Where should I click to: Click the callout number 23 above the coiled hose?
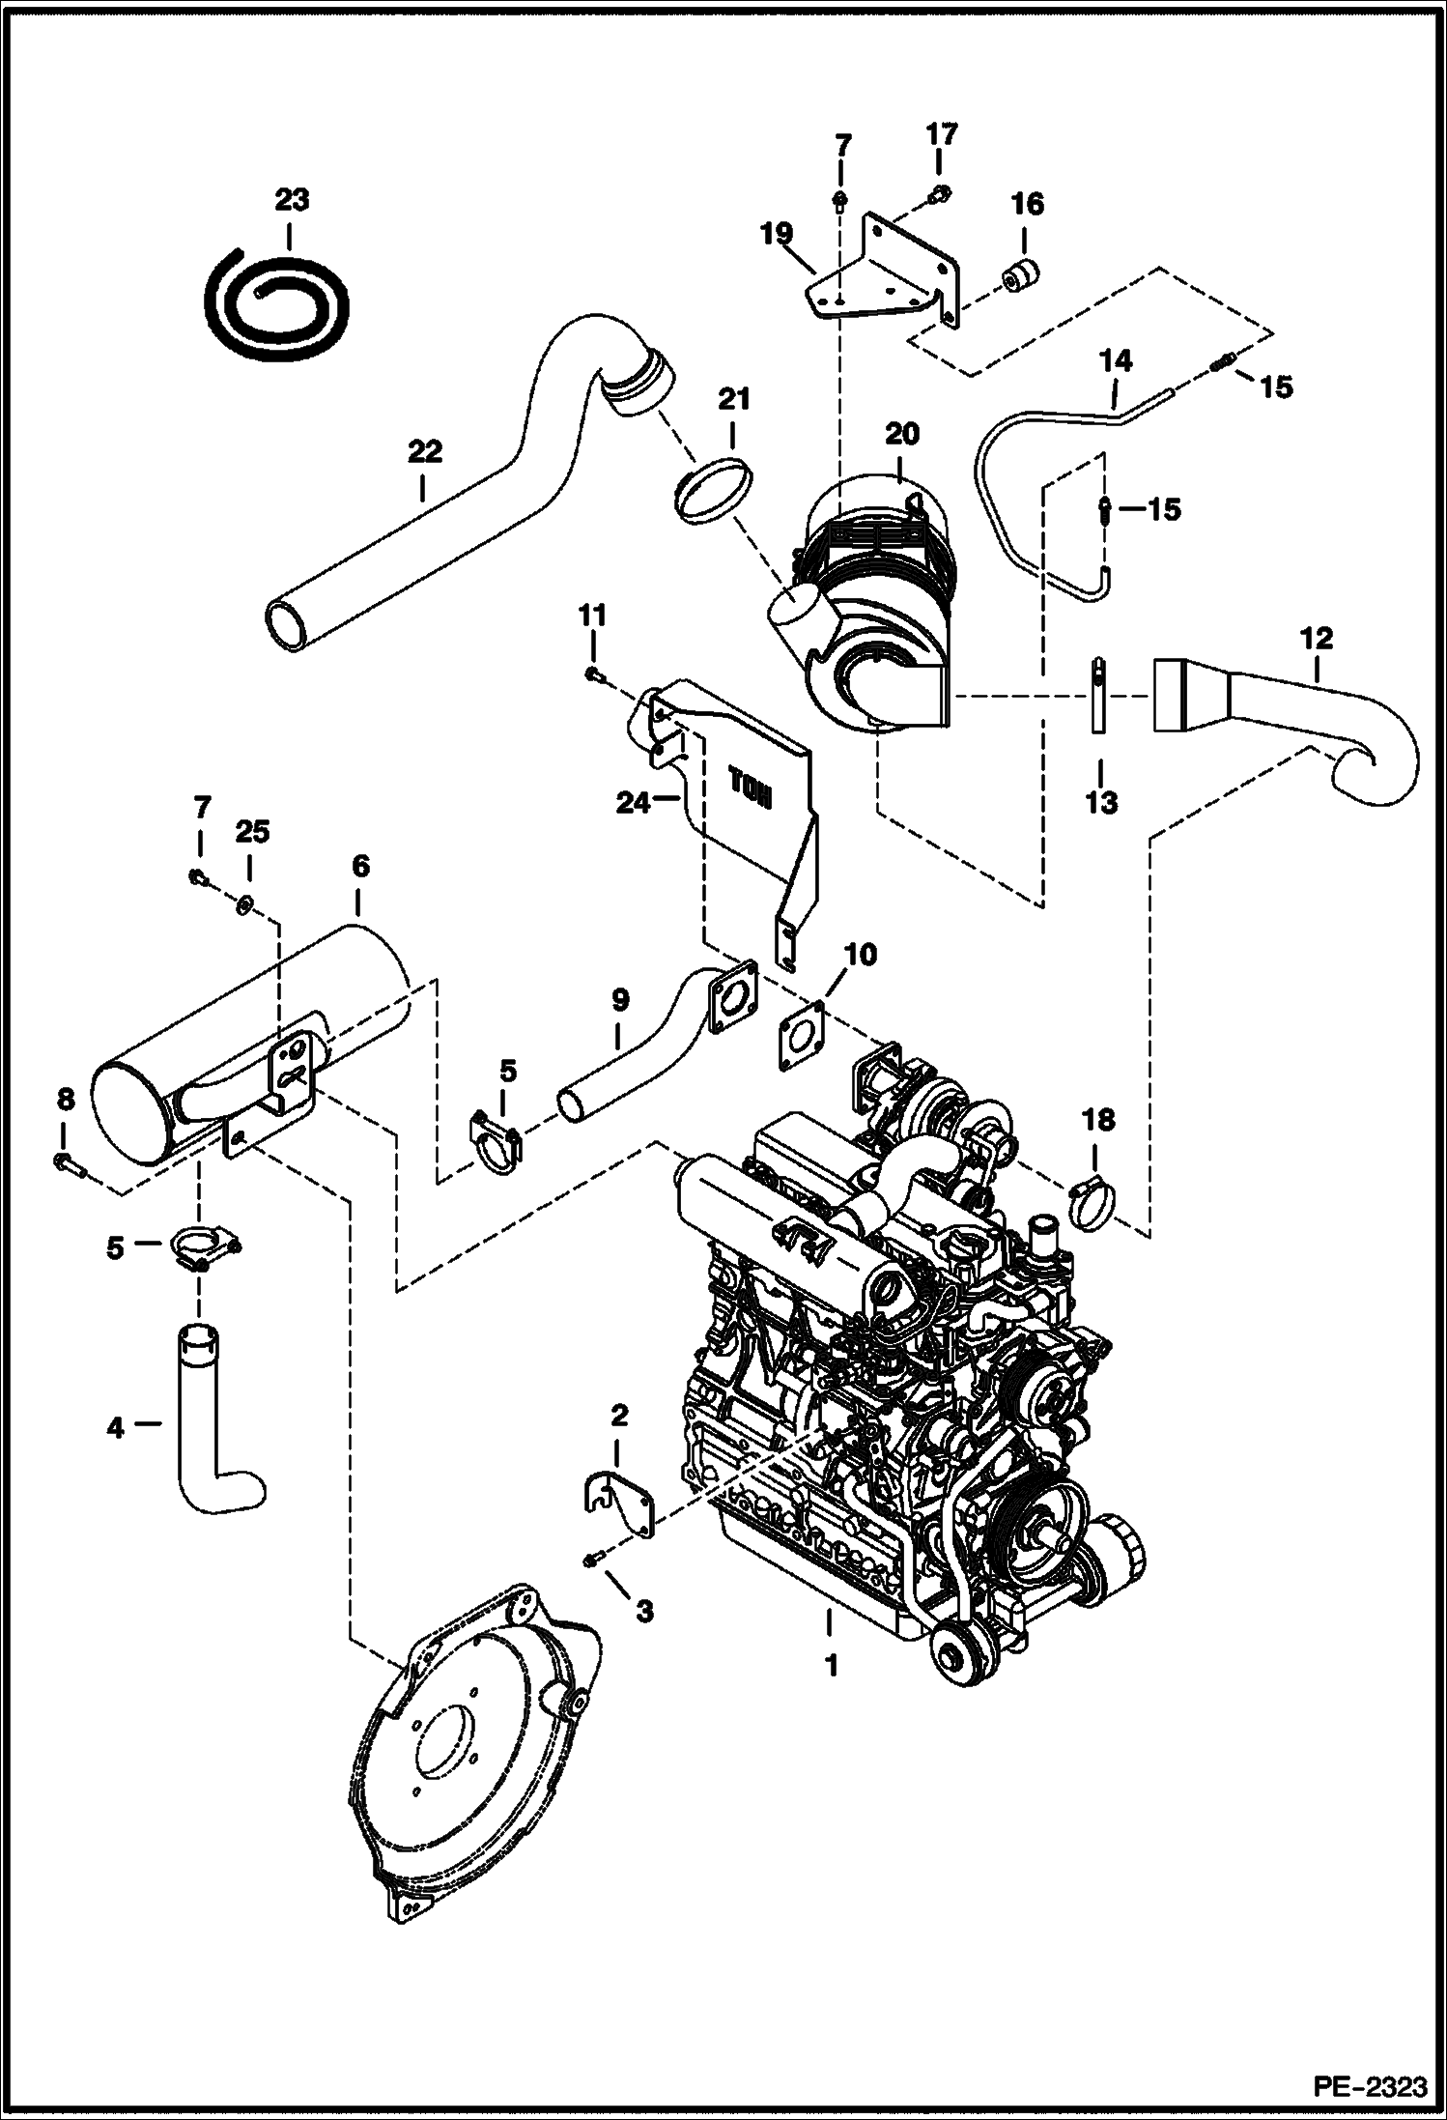tap(291, 200)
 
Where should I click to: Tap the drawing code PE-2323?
tap(1369, 2087)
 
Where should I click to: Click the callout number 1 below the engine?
tap(830, 1665)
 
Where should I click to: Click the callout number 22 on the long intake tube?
tap(423, 451)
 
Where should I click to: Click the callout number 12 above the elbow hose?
tap(1316, 638)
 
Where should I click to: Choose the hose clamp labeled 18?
tap(1093, 1206)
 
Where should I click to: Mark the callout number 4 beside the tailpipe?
tap(116, 1427)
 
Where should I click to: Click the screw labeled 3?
tap(594, 1559)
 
